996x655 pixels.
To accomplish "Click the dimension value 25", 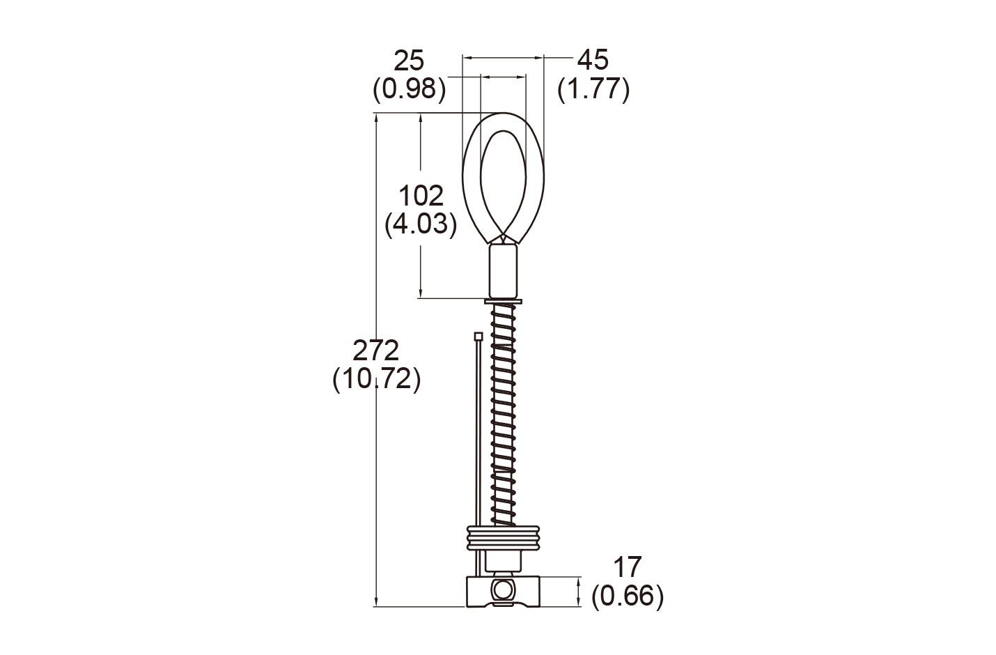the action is [409, 61].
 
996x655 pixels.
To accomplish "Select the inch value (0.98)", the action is [409, 89].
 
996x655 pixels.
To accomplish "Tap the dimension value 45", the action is [593, 60].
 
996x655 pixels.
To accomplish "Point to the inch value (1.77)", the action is [593, 89].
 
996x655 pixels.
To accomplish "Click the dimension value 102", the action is [421, 196].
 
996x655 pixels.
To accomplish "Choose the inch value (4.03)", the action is [421, 224].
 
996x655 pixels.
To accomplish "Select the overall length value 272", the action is [375, 350].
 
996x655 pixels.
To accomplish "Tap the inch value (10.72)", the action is [377, 380].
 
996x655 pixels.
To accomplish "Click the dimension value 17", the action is [627, 567].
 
